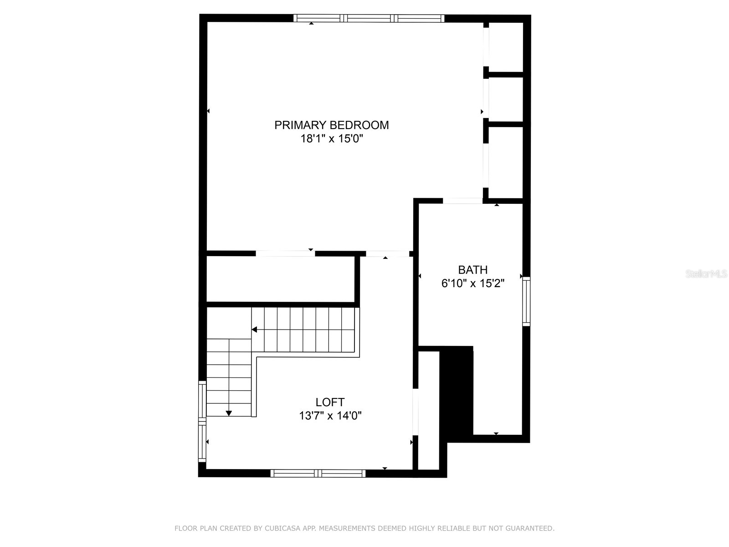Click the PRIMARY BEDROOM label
[x=331, y=125]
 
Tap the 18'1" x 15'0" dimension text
[x=331, y=139]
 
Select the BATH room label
[x=472, y=270]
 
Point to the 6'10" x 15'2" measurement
[x=472, y=284]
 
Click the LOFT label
[x=330, y=402]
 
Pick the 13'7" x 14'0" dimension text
[x=330, y=416]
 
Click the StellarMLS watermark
[x=706, y=274]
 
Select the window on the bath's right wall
[x=526, y=301]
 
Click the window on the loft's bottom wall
[x=318, y=473]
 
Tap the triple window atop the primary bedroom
[x=368, y=18]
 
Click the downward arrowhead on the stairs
[x=229, y=413]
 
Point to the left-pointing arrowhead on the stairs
[x=254, y=330]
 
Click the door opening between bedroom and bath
[x=462, y=201]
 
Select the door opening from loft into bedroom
[x=387, y=254]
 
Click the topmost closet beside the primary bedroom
[x=505, y=46]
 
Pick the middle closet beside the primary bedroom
[x=505, y=99]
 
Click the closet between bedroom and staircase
[x=280, y=279]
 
